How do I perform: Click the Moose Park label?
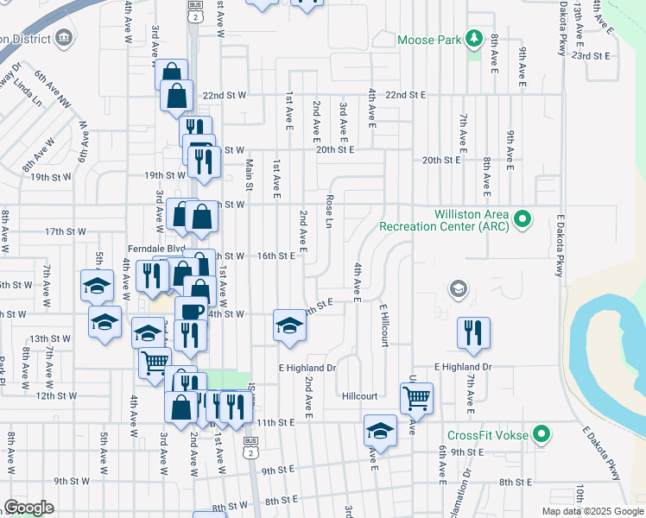pyautogui.click(x=428, y=40)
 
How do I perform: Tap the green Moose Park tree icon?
pyautogui.click(x=473, y=39)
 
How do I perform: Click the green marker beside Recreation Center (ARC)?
pyautogui.click(x=522, y=220)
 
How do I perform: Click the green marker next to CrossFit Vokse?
pyautogui.click(x=541, y=433)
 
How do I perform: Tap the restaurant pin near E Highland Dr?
pyautogui.click(x=473, y=332)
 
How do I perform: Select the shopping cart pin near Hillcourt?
pyautogui.click(x=416, y=398)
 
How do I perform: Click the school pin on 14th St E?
pyautogui.click(x=290, y=325)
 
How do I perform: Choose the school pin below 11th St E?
pyautogui.click(x=380, y=430)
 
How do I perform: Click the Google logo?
pyautogui.click(x=28, y=508)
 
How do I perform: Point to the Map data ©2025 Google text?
pyautogui.click(x=592, y=511)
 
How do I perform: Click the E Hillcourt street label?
pyautogui.click(x=383, y=325)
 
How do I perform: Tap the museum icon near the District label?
pyautogui.click(x=63, y=37)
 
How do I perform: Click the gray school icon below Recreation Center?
pyautogui.click(x=459, y=289)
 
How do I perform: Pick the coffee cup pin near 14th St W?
pyautogui.click(x=191, y=311)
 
